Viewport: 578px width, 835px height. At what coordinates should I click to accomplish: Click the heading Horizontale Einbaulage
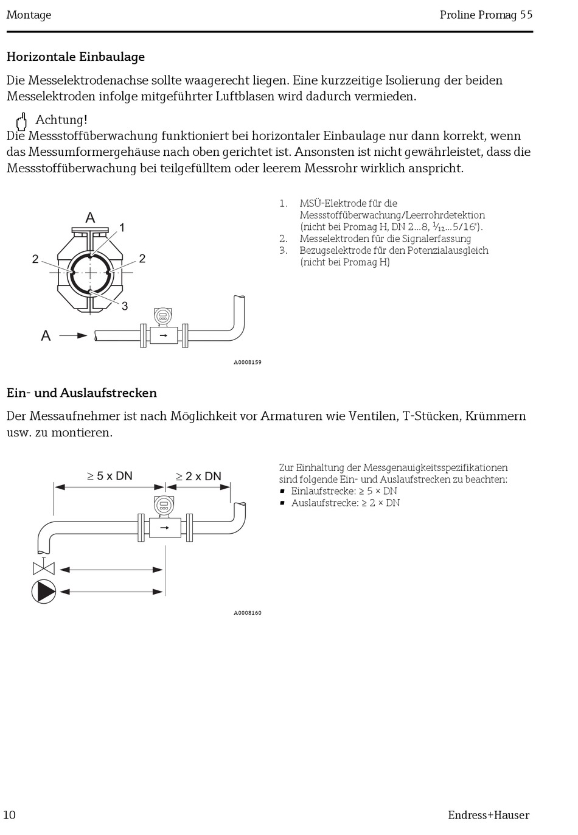pyautogui.click(x=75, y=57)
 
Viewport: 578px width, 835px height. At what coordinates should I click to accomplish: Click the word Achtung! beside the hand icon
pyautogui.click(x=61, y=120)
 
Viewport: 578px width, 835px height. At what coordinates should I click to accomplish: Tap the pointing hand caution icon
pyautogui.click(x=21, y=121)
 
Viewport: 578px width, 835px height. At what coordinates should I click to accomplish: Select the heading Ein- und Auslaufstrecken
pyautogui.click(x=82, y=393)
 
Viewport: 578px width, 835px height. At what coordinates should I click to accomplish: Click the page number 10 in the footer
pyautogui.click(x=10, y=815)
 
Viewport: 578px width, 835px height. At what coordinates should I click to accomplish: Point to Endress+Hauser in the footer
pyautogui.click(x=489, y=816)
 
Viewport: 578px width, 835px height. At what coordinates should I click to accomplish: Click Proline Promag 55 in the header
pyautogui.click(x=486, y=15)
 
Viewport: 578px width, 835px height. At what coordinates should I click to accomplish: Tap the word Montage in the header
pyautogui.click(x=29, y=15)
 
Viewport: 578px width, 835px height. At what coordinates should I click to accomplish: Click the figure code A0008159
pyautogui.click(x=248, y=363)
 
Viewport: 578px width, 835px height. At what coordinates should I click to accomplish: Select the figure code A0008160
pyautogui.click(x=248, y=613)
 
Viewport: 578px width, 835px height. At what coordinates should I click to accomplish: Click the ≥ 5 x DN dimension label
pyautogui.click(x=110, y=476)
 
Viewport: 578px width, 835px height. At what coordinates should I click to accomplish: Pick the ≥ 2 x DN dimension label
pyautogui.click(x=198, y=477)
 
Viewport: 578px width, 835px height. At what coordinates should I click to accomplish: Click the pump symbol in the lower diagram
pyautogui.click(x=44, y=592)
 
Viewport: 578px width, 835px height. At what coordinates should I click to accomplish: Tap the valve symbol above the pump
pyautogui.click(x=43, y=568)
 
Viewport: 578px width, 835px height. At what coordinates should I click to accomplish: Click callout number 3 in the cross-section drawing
pyautogui.click(x=125, y=306)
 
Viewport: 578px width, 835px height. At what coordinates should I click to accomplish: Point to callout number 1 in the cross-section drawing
pyautogui.click(x=122, y=228)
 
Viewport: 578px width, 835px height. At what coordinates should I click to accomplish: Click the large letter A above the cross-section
pyautogui.click(x=90, y=218)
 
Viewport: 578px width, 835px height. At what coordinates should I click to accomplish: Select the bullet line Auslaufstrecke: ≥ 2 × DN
pyautogui.click(x=345, y=503)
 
